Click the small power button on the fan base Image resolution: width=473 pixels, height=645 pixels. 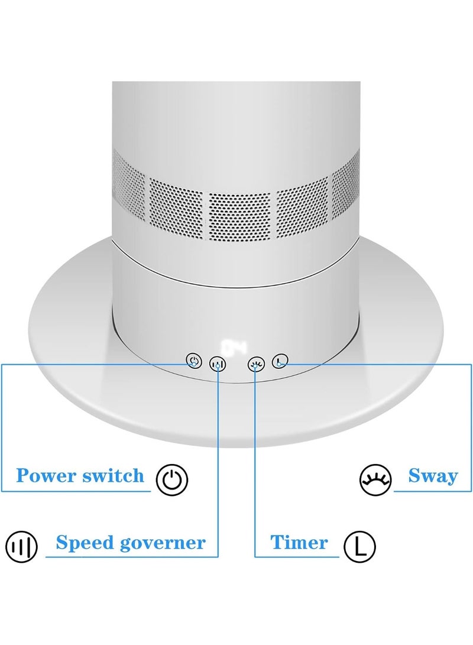[194, 361]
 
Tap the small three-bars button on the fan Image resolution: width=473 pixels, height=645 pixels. [218, 364]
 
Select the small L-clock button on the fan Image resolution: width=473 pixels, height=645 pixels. [280, 361]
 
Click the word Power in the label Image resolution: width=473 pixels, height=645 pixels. [47, 476]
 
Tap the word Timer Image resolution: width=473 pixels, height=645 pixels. [299, 542]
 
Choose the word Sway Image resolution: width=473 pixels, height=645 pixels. [433, 477]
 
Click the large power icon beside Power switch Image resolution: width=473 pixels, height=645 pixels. [172, 479]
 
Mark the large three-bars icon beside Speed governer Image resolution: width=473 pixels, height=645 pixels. [21, 547]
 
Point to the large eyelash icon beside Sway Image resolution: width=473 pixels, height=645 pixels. [375, 479]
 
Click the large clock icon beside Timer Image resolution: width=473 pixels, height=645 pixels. [359, 547]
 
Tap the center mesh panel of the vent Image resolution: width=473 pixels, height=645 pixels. [239, 216]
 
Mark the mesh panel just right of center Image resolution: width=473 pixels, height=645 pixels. [302, 208]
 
